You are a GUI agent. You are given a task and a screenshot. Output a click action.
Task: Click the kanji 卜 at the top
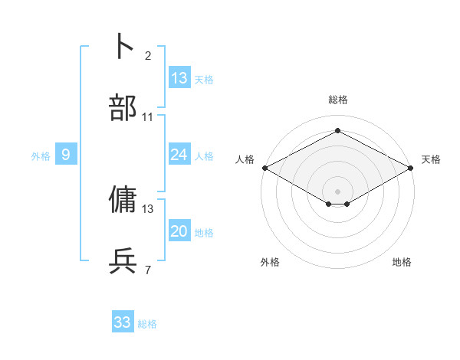click(123, 46)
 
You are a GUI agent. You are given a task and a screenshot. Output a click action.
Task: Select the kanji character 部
click(123, 108)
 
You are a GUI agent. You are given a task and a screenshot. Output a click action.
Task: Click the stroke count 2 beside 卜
click(148, 56)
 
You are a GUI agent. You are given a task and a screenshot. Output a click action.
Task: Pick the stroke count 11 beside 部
click(148, 117)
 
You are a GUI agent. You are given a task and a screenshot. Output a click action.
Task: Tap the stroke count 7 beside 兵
click(148, 270)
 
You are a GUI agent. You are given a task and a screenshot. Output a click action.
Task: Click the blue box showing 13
click(179, 77)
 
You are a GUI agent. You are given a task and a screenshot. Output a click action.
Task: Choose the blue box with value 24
click(179, 155)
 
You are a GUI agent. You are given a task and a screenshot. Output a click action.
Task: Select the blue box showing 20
click(179, 231)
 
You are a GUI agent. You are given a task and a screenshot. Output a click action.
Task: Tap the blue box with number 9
click(66, 155)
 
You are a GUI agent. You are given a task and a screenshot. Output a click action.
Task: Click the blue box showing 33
click(123, 322)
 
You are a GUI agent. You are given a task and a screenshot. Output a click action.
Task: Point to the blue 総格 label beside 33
click(147, 324)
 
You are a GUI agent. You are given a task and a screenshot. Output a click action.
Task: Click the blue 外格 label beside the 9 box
click(41, 156)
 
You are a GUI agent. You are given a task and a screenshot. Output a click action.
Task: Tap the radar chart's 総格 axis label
click(338, 100)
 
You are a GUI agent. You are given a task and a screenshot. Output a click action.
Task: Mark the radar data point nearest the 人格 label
click(264, 168)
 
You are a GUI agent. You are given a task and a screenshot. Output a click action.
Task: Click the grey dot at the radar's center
click(338, 191)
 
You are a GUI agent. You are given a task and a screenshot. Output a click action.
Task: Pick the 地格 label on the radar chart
click(402, 262)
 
